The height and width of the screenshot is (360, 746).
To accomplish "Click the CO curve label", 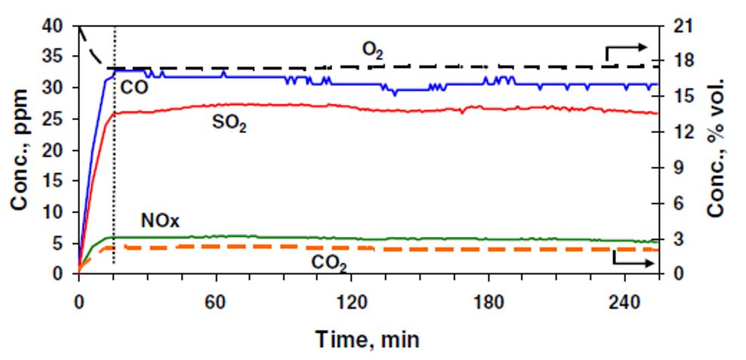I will (x=134, y=87).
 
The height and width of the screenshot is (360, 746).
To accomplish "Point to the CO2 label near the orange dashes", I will (x=329, y=263).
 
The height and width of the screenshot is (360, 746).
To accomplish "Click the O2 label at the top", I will (x=372, y=51).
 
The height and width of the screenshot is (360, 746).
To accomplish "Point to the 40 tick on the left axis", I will (x=57, y=26).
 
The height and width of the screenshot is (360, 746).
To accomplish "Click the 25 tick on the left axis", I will (x=57, y=119).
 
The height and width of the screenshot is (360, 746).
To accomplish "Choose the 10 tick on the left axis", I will (x=57, y=212).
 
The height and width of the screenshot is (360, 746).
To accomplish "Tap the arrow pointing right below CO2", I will (x=633, y=261).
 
